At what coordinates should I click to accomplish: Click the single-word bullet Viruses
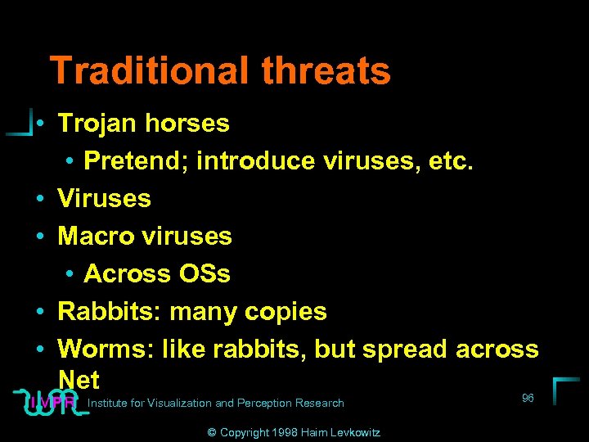click(104, 198)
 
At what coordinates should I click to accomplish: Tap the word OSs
click(200, 273)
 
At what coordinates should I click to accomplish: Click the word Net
click(79, 380)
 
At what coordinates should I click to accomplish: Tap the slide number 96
click(528, 398)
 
